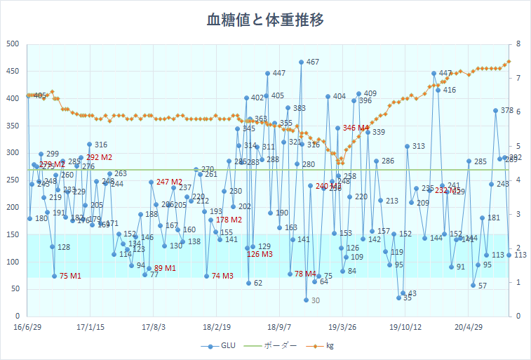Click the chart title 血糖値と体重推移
click(x=265, y=20)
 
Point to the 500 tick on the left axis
click(x=13, y=44)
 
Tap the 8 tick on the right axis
click(x=517, y=44)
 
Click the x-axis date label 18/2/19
click(x=217, y=327)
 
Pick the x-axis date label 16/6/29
click(x=28, y=327)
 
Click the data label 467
click(x=313, y=62)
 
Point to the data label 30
click(x=315, y=300)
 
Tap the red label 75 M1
click(x=70, y=276)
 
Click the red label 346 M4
click(x=356, y=128)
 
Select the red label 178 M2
click(x=229, y=220)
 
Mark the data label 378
click(x=507, y=111)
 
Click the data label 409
click(x=370, y=93)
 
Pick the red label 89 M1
click(x=165, y=268)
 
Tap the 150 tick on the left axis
click(x=13, y=234)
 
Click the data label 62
click(x=258, y=283)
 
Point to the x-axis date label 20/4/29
click(x=469, y=327)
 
